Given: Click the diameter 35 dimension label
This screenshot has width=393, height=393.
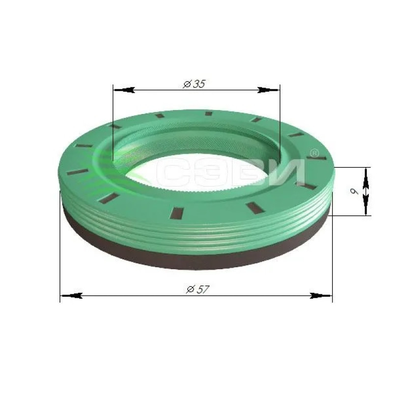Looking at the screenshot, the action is [x=194, y=84].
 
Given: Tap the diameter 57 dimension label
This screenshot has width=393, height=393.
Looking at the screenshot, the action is [x=197, y=289].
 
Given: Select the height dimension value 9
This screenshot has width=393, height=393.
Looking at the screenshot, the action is [x=354, y=192].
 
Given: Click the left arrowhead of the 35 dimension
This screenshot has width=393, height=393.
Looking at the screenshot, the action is [x=124, y=90].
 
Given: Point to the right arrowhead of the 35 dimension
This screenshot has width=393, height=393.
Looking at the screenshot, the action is [x=269, y=90].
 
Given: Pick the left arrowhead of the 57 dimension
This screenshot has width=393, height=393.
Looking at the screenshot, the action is [x=72, y=296].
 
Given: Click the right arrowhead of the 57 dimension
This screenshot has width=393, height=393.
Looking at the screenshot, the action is [x=321, y=296].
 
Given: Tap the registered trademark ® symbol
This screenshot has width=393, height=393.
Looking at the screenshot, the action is [x=314, y=153].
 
